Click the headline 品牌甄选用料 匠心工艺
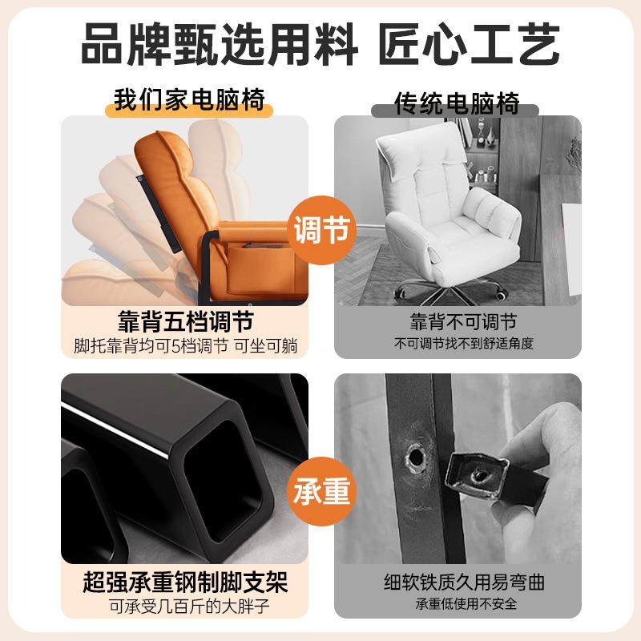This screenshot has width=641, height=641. click(320, 44)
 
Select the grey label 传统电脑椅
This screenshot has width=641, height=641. click(458, 103)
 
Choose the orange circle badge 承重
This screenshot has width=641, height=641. click(321, 491)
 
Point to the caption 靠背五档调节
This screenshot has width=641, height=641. click(189, 322)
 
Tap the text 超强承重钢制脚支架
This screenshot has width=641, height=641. click(185, 579)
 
